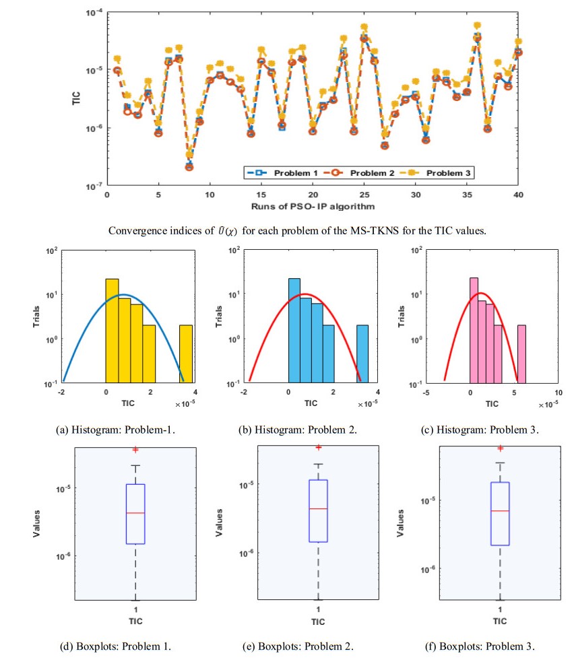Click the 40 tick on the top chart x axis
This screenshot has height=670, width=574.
[518, 194]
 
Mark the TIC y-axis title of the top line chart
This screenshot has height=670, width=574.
[76, 98]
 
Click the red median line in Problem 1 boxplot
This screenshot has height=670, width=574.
[135, 513]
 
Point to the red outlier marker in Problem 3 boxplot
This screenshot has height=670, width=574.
[500, 448]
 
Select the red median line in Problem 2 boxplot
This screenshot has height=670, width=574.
[318, 508]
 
